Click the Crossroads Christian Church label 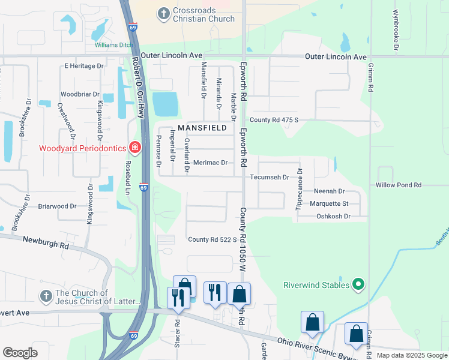[x=195, y=15]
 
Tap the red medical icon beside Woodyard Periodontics [x=135, y=148]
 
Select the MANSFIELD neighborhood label [x=202, y=128]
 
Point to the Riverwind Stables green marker [x=358, y=284]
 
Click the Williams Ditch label [x=113, y=44]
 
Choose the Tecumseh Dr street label [x=270, y=177]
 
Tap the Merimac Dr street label [x=210, y=163]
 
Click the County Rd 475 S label [x=274, y=120]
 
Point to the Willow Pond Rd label [x=399, y=185]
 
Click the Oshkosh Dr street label [x=333, y=216]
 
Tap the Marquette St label [x=329, y=203]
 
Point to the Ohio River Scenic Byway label [x=315, y=349]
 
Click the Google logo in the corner [x=20, y=353]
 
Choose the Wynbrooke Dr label [x=396, y=29]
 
